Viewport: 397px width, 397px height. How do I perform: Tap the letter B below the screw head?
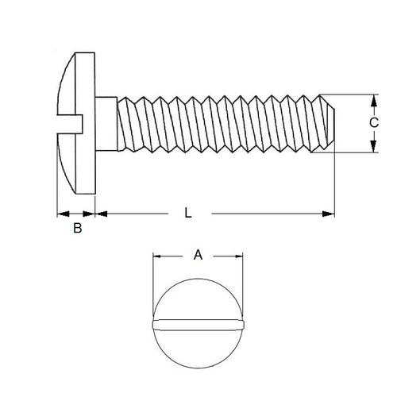click(77, 229)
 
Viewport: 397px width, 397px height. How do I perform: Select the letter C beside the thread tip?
click(374, 123)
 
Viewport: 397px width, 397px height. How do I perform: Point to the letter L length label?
click(187, 213)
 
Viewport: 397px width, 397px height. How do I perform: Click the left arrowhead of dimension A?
click(156, 256)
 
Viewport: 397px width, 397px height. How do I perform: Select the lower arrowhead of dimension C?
click(373, 148)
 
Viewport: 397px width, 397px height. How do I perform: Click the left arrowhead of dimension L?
click(100, 213)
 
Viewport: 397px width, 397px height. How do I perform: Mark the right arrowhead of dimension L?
click(329, 213)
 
